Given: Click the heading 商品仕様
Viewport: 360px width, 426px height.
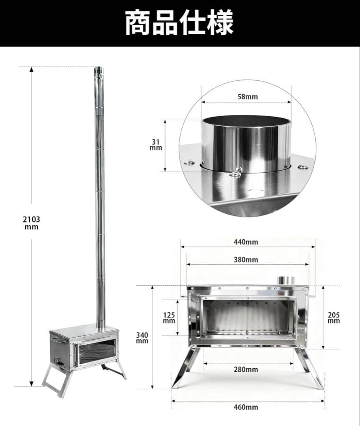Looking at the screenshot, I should click(x=179, y=23).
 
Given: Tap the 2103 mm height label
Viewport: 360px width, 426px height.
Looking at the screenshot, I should click(x=31, y=223).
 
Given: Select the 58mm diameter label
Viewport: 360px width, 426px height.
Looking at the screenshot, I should click(x=246, y=96).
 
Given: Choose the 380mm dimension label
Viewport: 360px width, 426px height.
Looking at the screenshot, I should click(x=246, y=260).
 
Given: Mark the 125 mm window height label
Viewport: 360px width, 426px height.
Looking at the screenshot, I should click(x=169, y=318).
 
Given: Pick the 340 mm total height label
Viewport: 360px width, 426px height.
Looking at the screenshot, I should click(x=142, y=338).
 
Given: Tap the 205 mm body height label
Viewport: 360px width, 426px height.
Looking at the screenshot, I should click(x=334, y=318).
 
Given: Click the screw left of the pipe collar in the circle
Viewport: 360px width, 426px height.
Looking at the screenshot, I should click(x=190, y=162).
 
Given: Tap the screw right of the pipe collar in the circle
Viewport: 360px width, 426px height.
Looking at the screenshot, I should click(x=303, y=167).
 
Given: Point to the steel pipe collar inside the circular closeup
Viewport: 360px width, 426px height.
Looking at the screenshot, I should click(x=246, y=144).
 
